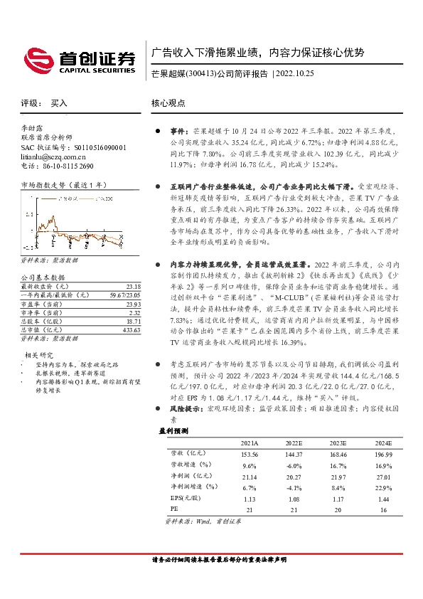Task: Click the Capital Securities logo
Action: [x=80, y=58]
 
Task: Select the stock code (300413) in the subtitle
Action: [x=200, y=73]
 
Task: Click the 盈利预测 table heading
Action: [x=173, y=431]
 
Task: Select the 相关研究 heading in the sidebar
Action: [x=40, y=354]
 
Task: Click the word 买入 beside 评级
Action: [x=59, y=103]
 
